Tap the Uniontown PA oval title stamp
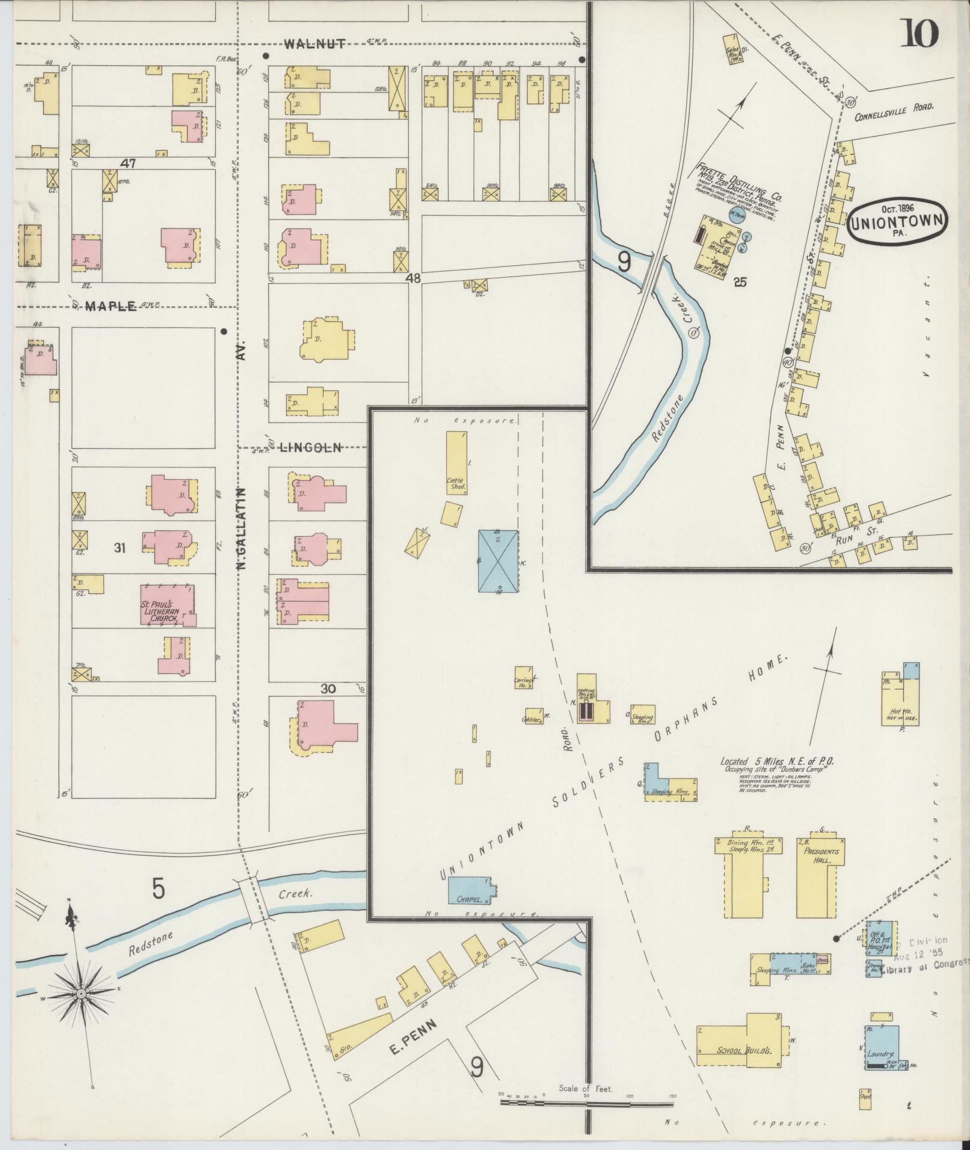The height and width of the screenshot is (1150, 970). point(897,221)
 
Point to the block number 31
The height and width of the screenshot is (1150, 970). point(119,548)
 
